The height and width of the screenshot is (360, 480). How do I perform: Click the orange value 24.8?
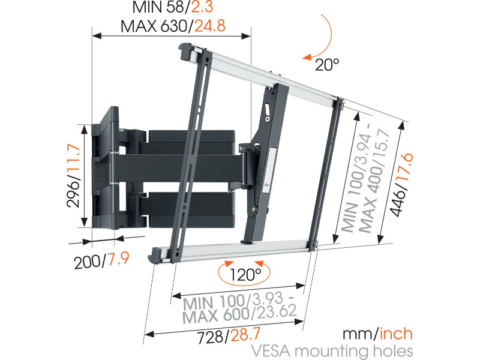point(210,26)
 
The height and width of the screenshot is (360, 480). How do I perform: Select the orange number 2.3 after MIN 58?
point(202,7)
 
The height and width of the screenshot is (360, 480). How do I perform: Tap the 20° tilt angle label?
point(327,65)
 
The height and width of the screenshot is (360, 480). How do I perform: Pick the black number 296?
point(74,194)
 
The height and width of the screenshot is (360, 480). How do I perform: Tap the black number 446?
point(398,203)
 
